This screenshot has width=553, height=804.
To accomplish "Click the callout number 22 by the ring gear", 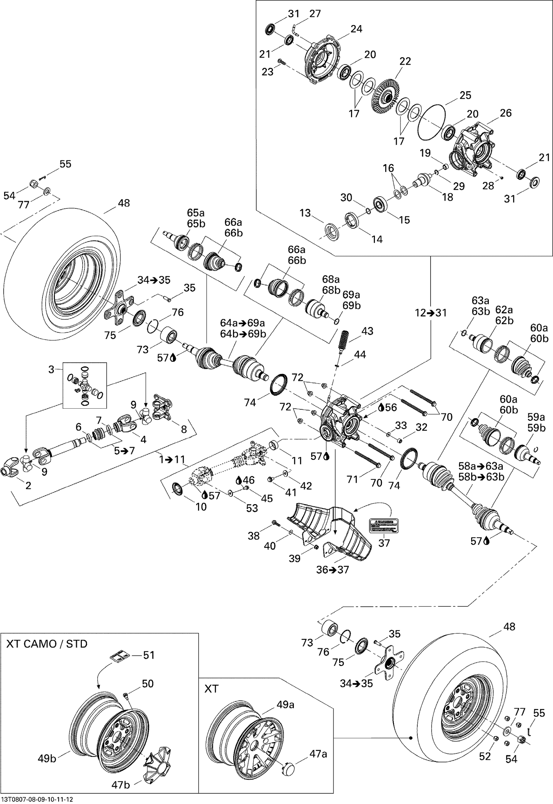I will pos(405,61).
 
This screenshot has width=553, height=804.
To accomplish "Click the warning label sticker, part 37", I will pos(384,525).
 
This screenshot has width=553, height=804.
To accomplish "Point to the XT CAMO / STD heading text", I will pos(46,644).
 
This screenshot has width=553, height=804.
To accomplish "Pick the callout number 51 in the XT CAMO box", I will pos(149,655).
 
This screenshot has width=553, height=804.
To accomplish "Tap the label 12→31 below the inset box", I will pos(430,313).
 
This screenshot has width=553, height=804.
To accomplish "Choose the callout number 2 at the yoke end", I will pos(28,485).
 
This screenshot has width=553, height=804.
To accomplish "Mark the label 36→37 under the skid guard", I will pos(332,570).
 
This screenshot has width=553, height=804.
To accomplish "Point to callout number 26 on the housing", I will pos(505,113).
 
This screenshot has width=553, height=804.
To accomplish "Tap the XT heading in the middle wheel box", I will pos(211,688).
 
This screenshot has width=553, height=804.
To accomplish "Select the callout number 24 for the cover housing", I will pos(356,29).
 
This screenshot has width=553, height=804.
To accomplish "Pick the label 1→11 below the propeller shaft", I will pos(172,460).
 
